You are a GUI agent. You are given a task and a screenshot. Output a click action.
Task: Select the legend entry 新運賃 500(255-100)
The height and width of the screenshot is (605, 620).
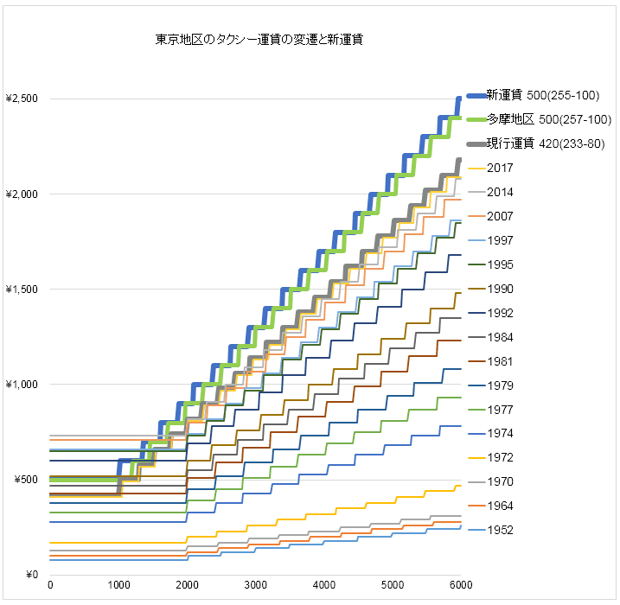pyautogui.click(x=542, y=95)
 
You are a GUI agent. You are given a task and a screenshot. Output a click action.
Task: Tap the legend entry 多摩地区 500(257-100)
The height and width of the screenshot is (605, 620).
pyautogui.click(x=544, y=119)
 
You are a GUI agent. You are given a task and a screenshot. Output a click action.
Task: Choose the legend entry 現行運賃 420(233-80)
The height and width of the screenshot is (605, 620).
pyautogui.click(x=544, y=143)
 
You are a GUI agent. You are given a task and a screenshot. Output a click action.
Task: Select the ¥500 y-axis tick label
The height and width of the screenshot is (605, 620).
pyautogui.click(x=25, y=480)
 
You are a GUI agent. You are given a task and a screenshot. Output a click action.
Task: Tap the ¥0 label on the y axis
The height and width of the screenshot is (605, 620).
pyautogui.click(x=30, y=575)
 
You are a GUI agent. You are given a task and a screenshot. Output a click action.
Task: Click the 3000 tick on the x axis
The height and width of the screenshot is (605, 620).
pyautogui.click(x=255, y=587)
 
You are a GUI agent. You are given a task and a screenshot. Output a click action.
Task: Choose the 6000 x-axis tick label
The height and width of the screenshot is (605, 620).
pyautogui.click(x=460, y=587)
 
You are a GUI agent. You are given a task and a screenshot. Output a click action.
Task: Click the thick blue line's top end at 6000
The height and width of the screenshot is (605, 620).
pyautogui.click(x=460, y=98)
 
